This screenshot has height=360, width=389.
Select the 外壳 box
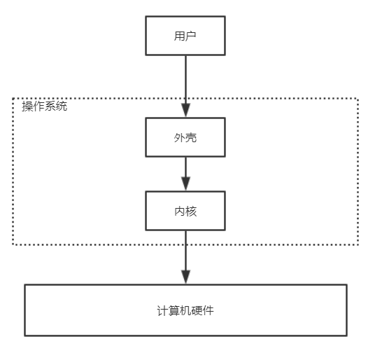(x=185, y=137)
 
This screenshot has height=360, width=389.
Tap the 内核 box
(x=185, y=211)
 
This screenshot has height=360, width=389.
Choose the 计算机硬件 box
(x=185, y=310)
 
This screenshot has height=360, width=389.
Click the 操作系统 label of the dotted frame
(x=45, y=106)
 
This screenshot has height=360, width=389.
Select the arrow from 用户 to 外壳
(x=185, y=81)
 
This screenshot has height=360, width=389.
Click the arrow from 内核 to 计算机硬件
(x=185, y=252)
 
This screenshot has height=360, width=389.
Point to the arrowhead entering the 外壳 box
(x=185, y=111)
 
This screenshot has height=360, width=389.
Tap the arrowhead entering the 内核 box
(x=185, y=184)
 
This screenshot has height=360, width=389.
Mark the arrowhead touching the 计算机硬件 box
(x=185, y=276)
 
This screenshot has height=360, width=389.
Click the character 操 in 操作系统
(x=27, y=106)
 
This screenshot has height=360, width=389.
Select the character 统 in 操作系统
(x=63, y=106)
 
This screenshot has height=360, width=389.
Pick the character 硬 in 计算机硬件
(x=197, y=310)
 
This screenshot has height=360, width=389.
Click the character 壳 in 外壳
(x=191, y=137)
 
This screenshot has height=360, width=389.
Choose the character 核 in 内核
(x=191, y=211)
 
